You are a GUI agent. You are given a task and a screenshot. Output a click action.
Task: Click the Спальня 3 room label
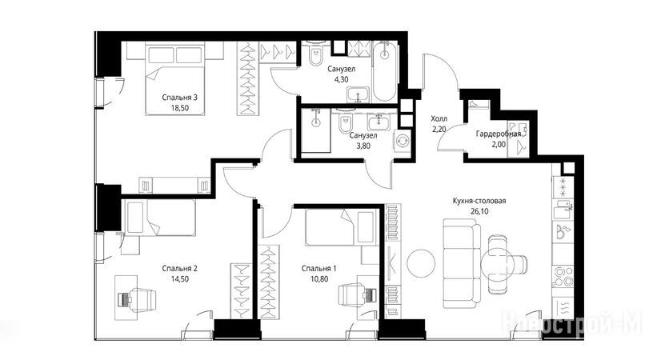[179, 98]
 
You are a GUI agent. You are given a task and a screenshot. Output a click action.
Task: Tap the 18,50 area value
[179, 109]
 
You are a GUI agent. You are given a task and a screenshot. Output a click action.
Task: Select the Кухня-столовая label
[479, 201]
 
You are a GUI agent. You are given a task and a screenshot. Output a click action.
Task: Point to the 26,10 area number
[479, 211]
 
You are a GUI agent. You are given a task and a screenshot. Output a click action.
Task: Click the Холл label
[439, 119]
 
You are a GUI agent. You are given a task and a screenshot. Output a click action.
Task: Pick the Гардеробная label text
[499, 134]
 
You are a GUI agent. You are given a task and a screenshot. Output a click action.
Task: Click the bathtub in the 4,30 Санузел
[384, 70]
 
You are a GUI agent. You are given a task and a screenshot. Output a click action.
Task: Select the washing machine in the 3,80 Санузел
[403, 141]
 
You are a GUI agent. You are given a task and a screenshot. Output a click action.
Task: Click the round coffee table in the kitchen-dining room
[421, 264]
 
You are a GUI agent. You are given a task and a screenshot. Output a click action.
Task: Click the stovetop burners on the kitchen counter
[563, 276]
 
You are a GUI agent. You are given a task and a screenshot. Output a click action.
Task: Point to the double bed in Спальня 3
[175, 78]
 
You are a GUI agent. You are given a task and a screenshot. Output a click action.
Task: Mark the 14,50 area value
[179, 279]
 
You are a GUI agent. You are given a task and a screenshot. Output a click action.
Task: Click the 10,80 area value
[319, 279]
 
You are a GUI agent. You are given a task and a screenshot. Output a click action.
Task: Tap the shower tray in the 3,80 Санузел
[315, 130]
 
